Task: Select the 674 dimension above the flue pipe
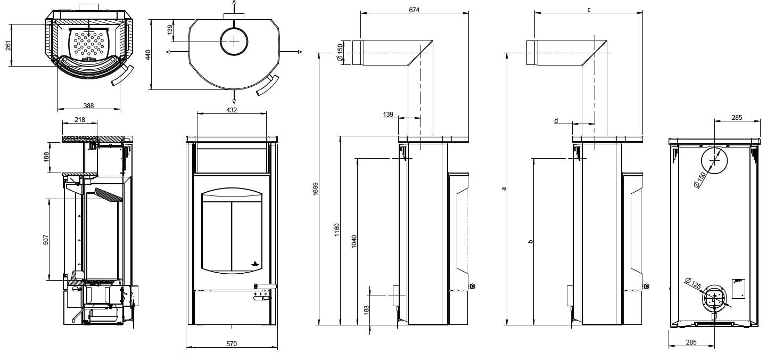(x=414, y=10)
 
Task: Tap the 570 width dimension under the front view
(x=231, y=343)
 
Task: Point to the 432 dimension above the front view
(x=232, y=110)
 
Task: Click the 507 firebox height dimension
(x=46, y=240)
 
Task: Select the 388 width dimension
(x=88, y=106)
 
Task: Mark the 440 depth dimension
(x=149, y=54)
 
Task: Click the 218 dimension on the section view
(x=80, y=120)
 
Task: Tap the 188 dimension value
(x=46, y=157)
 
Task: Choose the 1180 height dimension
(x=337, y=230)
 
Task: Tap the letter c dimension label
(x=588, y=10)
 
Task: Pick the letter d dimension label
(x=556, y=121)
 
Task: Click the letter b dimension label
(x=530, y=241)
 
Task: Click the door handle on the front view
(x=265, y=287)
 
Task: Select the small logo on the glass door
(x=254, y=262)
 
